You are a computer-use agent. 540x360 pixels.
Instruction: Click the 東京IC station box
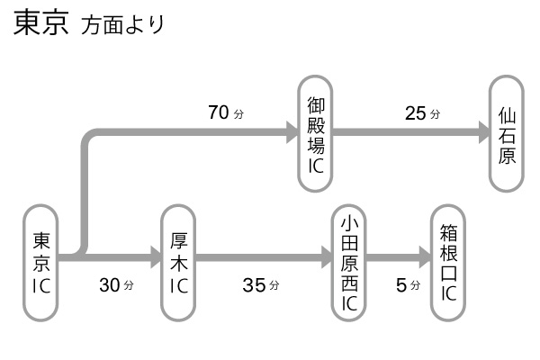(41, 262)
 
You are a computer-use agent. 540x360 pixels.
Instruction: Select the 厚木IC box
(178, 262)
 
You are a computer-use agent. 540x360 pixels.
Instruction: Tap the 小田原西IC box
(350, 262)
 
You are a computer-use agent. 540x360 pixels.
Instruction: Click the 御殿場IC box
(315, 133)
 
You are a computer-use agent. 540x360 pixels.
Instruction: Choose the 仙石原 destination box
(507, 133)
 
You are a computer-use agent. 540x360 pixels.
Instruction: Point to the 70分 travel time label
(226, 113)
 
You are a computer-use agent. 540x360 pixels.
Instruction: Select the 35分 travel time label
(260, 285)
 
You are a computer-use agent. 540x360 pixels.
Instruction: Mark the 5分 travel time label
(408, 285)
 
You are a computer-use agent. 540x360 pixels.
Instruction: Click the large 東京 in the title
(40, 24)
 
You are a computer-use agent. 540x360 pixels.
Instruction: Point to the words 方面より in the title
(122, 26)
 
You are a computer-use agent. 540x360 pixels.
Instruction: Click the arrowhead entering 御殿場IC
(292, 133)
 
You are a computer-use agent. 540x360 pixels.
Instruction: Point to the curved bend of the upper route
(90, 140)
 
